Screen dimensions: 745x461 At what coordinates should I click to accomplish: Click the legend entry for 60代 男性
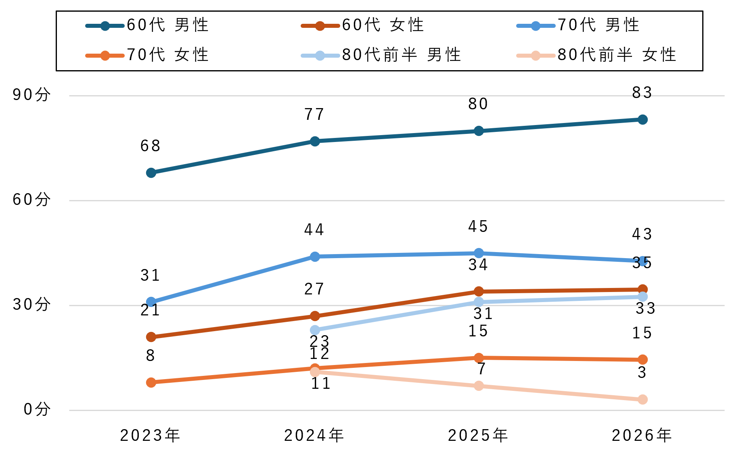point(147,25)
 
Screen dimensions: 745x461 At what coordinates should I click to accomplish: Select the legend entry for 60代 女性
point(362,25)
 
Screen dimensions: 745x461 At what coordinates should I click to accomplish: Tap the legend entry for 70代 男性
point(578,25)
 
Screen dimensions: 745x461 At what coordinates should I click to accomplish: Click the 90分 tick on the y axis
point(31,95)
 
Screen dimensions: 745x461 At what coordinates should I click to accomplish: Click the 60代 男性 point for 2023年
point(151,173)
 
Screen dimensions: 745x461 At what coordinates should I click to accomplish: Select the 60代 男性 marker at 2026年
point(642,119)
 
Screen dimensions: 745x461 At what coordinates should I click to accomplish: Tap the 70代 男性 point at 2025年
point(479,253)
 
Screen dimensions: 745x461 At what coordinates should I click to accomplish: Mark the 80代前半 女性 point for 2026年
point(642,400)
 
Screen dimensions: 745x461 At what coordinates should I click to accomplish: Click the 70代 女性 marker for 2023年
point(151,382)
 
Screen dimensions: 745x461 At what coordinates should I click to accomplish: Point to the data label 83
point(642,93)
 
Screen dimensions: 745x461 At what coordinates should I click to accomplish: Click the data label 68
point(151,146)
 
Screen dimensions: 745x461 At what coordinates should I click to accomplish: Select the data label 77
point(314,115)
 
